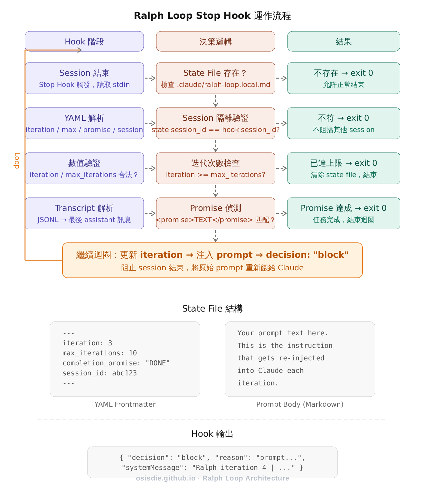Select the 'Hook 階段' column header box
[x=84, y=41]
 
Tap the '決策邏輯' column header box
[x=216, y=41]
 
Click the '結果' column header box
[x=343, y=41]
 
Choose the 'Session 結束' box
[x=84, y=78]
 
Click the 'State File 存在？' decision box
[x=216, y=78]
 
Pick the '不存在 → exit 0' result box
[x=343, y=78]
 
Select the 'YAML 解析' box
[x=84, y=123]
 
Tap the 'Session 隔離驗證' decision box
[x=216, y=123]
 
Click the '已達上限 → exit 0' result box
[x=343, y=168]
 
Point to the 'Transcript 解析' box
[x=84, y=213]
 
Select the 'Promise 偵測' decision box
[x=216, y=213]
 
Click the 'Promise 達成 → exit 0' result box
[x=343, y=213]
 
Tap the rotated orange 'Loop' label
[x=17, y=160]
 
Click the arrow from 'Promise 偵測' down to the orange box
[x=216, y=236]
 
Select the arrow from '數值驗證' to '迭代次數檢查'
[x=150, y=168]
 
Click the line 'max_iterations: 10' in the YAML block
[x=100, y=353]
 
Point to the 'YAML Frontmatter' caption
[x=125, y=404]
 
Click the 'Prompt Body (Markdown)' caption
[x=300, y=404]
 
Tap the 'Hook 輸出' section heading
[x=212, y=434]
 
